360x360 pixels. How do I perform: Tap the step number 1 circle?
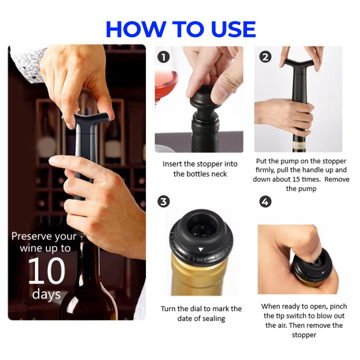coord(163,57)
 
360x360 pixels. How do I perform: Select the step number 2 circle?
coord(265,57)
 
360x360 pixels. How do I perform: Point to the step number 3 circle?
coord(163,202)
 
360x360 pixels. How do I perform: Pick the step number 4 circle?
coord(265,202)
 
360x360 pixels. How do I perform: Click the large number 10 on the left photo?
coord(47,270)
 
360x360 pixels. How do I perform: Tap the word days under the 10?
coord(46,295)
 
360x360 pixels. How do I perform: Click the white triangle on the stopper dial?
coord(201,249)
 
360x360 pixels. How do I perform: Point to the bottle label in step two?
coord(299,146)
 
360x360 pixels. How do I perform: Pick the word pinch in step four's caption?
coord(338,307)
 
